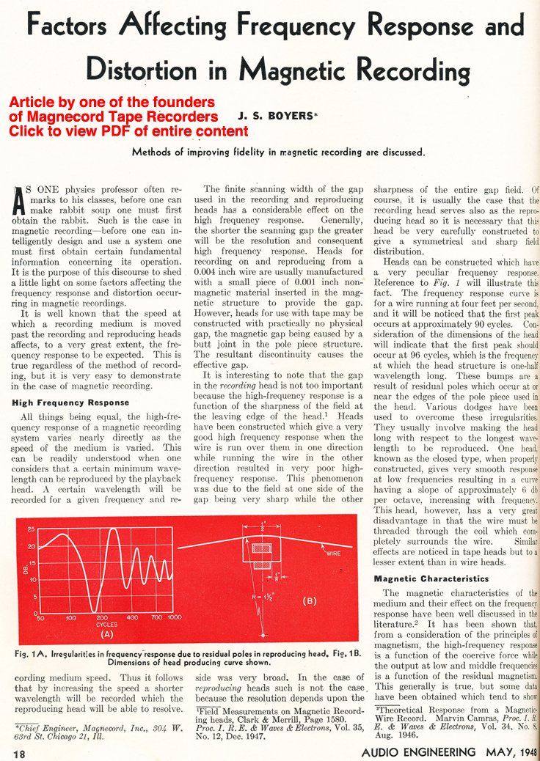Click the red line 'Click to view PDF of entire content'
[x=128, y=131]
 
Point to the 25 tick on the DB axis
[x=30, y=529]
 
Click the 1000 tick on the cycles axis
[x=174, y=618]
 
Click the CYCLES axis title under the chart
[x=107, y=625]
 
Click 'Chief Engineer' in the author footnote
[x=43, y=727]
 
